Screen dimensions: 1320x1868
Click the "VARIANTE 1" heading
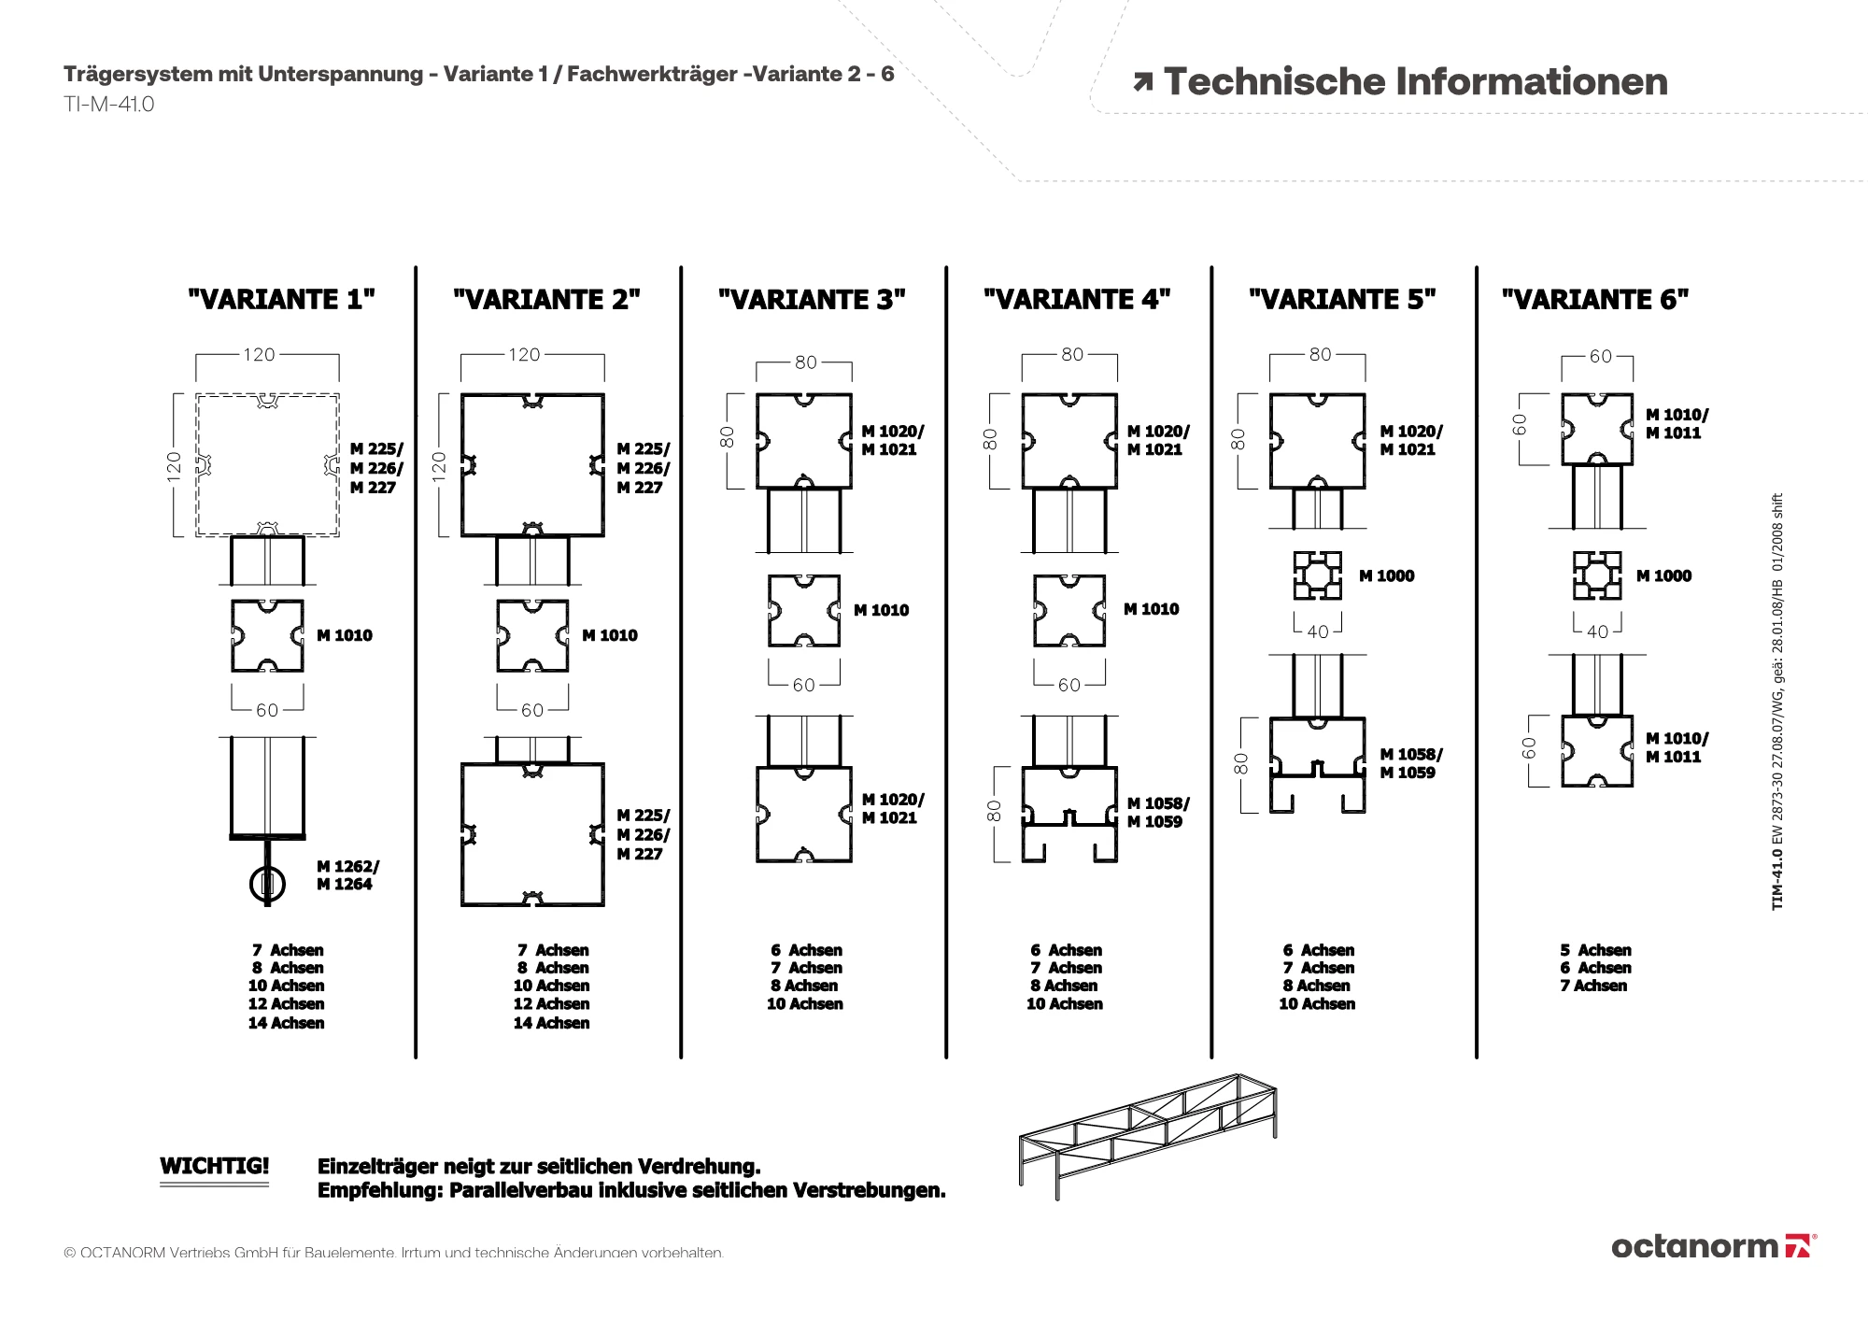pyautogui.click(x=281, y=300)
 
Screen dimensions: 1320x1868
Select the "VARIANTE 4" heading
pyautogui.click(x=1077, y=300)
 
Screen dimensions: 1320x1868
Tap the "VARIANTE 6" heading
pyautogui.click(x=1595, y=300)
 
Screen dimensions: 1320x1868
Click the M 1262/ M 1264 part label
pyautogui.click(x=347, y=875)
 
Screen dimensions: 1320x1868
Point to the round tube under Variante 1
pyautogui.click(x=267, y=883)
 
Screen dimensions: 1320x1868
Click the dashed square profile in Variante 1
pyautogui.click(x=267, y=465)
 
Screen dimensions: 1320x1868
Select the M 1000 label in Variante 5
pyautogui.click(x=1386, y=576)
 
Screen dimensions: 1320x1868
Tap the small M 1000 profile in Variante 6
pyautogui.click(x=1596, y=575)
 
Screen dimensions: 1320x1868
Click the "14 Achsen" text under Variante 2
pyautogui.click(x=551, y=1023)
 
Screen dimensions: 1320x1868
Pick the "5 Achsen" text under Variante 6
pyautogui.click(x=1595, y=950)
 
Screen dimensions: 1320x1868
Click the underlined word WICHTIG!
pyautogui.click(x=214, y=1166)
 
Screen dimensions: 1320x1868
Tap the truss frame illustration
pyautogui.click(x=1147, y=1133)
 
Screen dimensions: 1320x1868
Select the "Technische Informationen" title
pyautogui.click(x=1414, y=82)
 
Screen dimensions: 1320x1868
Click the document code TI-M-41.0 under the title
pyautogui.click(x=109, y=105)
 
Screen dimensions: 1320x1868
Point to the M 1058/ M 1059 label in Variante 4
pyautogui.click(x=1158, y=813)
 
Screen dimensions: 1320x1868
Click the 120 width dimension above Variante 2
pyautogui.click(x=524, y=355)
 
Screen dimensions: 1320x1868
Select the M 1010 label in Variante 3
pyautogui.click(x=881, y=611)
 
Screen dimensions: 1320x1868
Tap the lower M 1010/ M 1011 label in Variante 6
pyautogui.click(x=1677, y=748)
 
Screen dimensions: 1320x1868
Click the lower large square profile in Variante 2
pyautogui.click(x=532, y=835)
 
